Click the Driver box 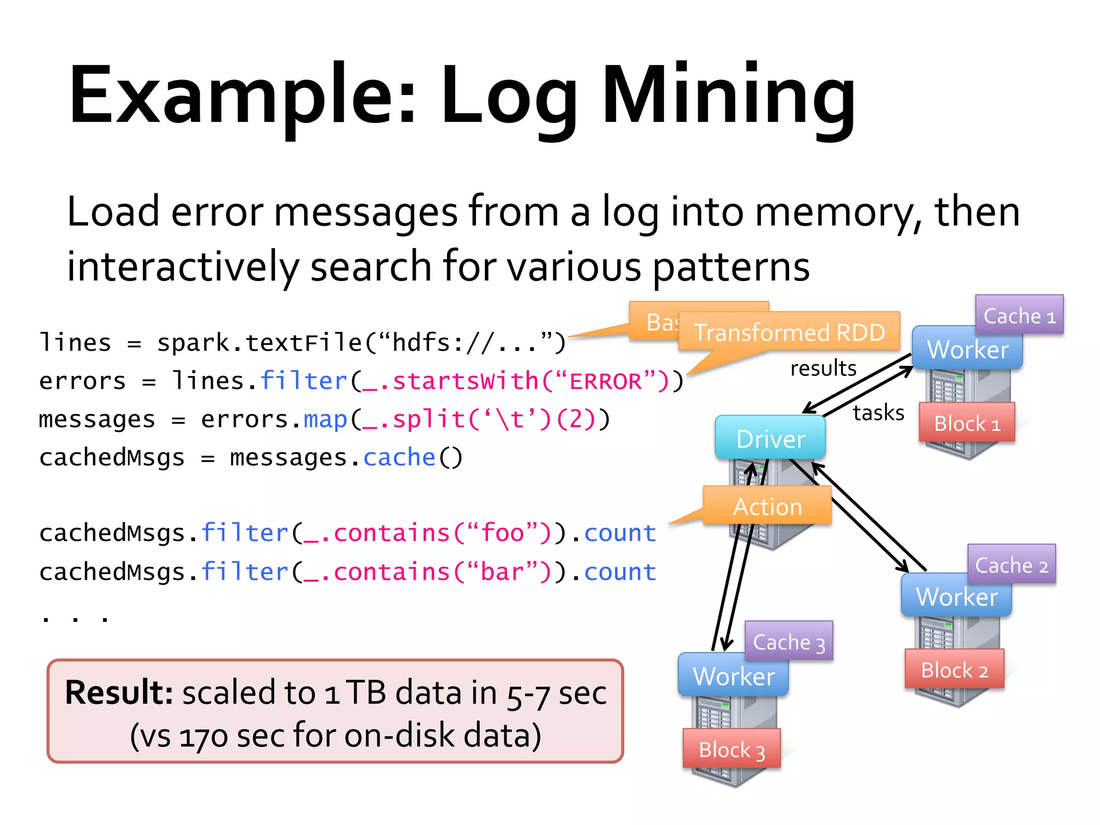tap(770, 438)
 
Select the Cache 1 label tap(1019, 315)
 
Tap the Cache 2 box tap(1011, 565)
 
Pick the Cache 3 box tap(788, 641)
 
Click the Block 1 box tap(966, 423)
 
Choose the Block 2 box tap(954, 669)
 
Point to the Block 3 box tap(731, 749)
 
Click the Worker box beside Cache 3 tap(733, 676)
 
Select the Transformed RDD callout tap(789, 332)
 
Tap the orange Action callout tap(767, 506)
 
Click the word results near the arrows tap(823, 368)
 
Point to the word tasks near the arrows tap(878, 412)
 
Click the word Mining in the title tap(728, 97)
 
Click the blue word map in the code tap(325, 419)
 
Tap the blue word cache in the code tap(399, 458)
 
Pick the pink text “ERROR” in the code tap(605, 381)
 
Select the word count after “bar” tap(620, 571)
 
